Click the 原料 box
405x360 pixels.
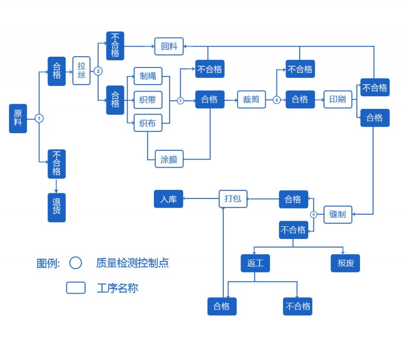point(18,118)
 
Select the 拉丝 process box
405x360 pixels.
point(82,70)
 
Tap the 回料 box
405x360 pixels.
point(169,46)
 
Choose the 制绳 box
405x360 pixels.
point(148,76)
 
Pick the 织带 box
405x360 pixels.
point(148,100)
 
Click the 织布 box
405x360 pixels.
point(148,123)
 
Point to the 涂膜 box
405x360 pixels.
point(169,158)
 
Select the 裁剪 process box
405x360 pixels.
point(251,100)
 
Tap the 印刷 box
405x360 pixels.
point(338,100)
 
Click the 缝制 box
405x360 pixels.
point(338,215)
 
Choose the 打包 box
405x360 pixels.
point(233,199)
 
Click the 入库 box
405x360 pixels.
point(169,199)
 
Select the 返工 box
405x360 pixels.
point(255,263)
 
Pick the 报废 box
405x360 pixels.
point(345,263)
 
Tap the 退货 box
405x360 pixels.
point(57,207)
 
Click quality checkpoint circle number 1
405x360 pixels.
point(39,118)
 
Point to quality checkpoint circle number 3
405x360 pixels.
point(180,100)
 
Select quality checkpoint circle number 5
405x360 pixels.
point(314,215)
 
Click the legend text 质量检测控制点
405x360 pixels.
point(132,263)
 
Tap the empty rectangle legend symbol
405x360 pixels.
point(76,288)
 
